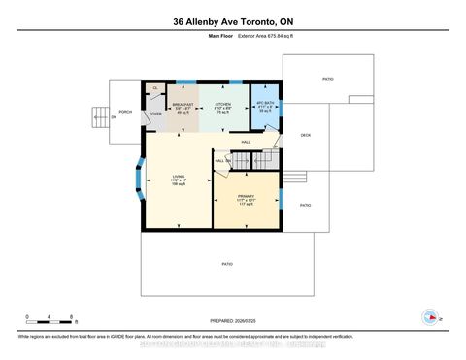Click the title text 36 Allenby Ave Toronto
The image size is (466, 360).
pyautogui.click(x=232, y=21)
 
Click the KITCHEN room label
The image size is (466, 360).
pyautogui.click(x=222, y=105)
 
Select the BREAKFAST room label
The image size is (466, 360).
pyautogui.click(x=183, y=106)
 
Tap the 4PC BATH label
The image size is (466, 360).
pyautogui.click(x=265, y=105)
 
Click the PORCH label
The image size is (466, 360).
pyautogui.click(x=125, y=113)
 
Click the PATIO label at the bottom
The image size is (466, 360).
pyautogui.click(x=227, y=264)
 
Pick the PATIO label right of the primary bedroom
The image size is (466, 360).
pyautogui.click(x=305, y=205)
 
